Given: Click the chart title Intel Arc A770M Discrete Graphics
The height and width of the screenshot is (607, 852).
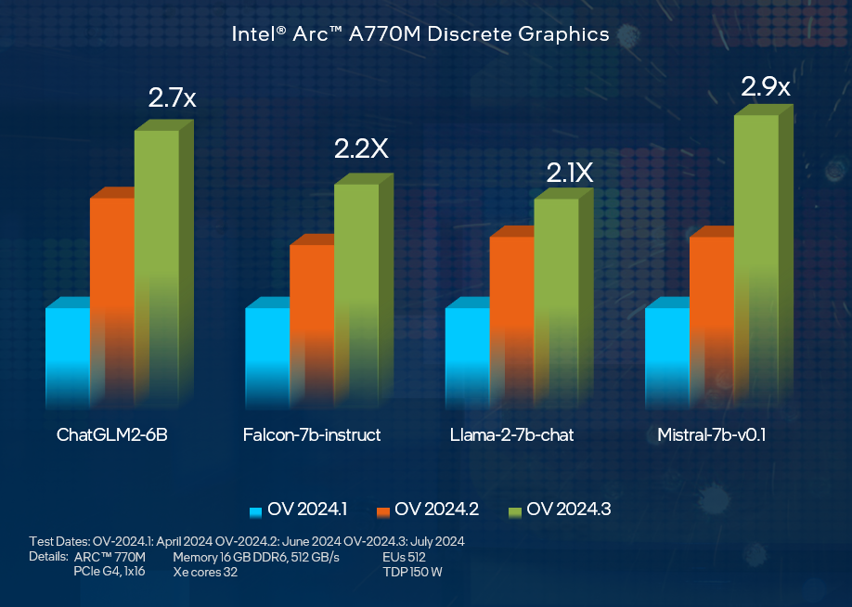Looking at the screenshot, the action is pyautogui.click(x=420, y=34).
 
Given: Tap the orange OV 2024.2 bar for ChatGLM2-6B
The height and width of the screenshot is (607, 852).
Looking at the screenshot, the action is pyautogui.click(x=112, y=298).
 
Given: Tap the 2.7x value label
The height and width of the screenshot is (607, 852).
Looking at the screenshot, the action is pyautogui.click(x=172, y=97).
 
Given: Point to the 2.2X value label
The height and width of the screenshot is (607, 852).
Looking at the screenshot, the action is pyautogui.click(x=361, y=149).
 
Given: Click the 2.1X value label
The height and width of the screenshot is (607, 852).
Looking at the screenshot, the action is pyautogui.click(x=570, y=173).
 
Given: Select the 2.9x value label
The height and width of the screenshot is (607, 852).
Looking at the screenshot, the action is pyautogui.click(x=766, y=86).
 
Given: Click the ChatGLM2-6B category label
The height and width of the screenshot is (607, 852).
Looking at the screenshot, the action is pyautogui.click(x=112, y=434).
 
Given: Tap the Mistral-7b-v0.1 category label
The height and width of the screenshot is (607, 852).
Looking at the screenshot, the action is pyautogui.click(x=711, y=434).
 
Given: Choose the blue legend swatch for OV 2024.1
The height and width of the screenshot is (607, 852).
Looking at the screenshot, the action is pyautogui.click(x=255, y=512).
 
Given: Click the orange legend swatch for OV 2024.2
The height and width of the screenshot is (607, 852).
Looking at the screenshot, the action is pyautogui.click(x=383, y=512).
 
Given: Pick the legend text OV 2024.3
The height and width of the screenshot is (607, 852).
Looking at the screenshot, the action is pyautogui.click(x=569, y=510).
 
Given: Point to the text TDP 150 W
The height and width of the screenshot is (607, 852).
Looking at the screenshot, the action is pyautogui.click(x=412, y=572).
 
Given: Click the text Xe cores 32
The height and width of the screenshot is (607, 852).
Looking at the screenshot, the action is pyautogui.click(x=205, y=572).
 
